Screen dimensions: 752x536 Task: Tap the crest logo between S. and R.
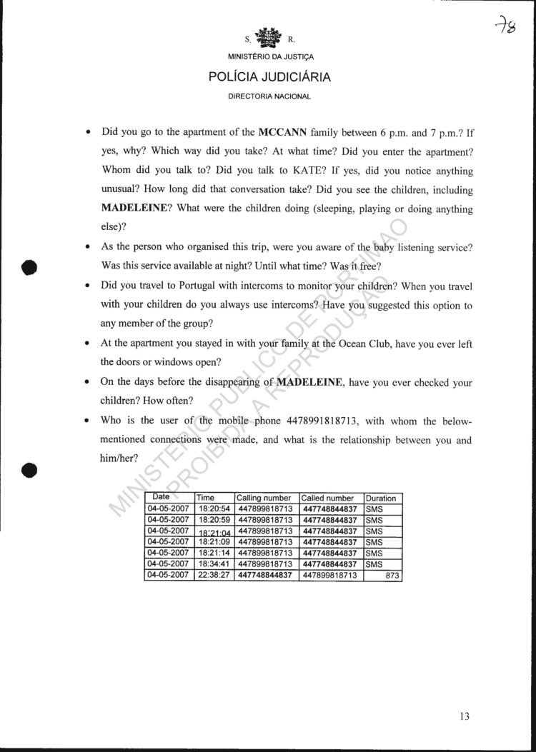[269, 37]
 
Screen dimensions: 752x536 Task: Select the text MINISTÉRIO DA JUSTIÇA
[269, 56]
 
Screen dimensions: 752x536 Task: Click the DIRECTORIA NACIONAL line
[269, 96]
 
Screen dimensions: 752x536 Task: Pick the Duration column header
[381, 498]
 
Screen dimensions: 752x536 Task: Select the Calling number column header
[263, 498]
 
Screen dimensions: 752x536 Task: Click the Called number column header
[327, 498]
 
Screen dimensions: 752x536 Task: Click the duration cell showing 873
[392, 575]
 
